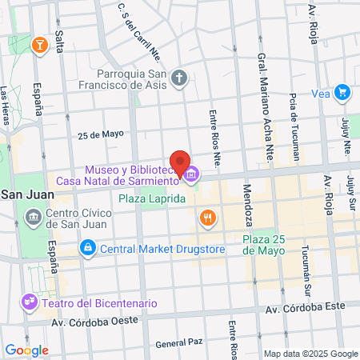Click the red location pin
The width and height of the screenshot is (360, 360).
click(180, 160)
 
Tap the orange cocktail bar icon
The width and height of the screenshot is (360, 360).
click(38, 46)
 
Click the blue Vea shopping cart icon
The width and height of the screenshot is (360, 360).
click(342, 93)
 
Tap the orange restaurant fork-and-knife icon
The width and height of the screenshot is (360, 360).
click(208, 217)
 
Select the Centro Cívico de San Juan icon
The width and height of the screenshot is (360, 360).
click(34, 217)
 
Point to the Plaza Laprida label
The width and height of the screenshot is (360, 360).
click(153, 198)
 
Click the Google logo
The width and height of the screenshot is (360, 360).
click(26, 350)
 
